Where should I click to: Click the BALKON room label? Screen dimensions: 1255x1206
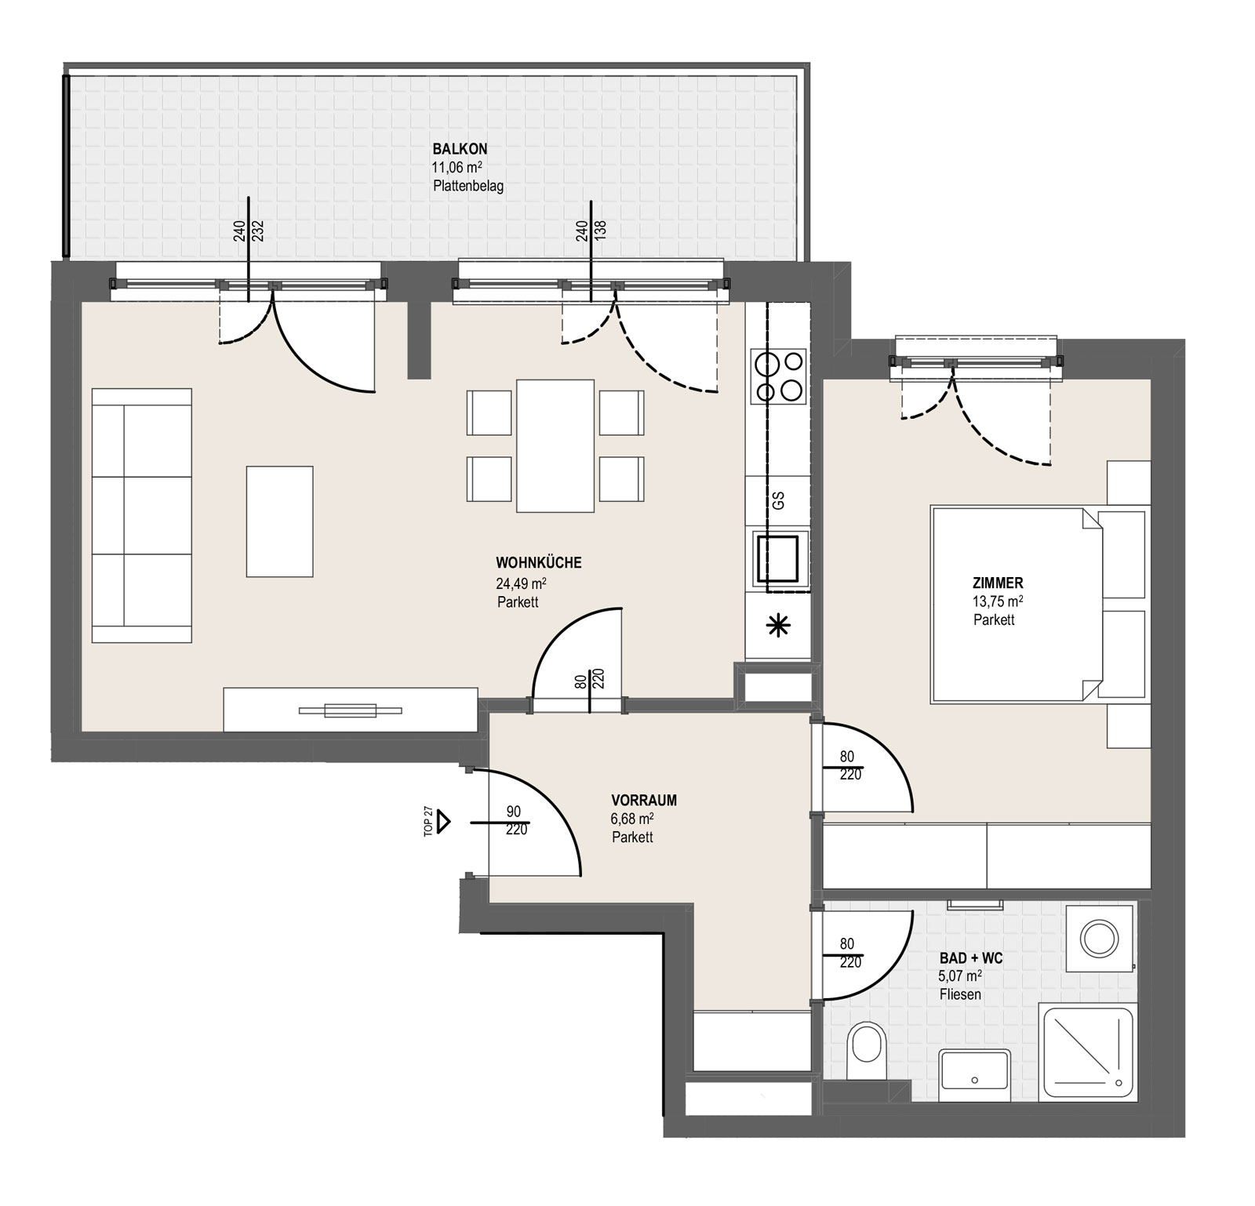[x=460, y=149]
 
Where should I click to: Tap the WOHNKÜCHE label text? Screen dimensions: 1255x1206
[x=539, y=562]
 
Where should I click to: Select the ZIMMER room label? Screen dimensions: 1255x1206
[x=998, y=583]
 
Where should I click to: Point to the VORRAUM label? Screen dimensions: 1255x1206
[x=644, y=801]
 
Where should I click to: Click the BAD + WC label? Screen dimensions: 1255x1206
[x=971, y=958]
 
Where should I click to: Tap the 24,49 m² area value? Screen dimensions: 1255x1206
[x=521, y=583]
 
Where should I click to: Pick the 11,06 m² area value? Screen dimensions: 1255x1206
[x=457, y=167]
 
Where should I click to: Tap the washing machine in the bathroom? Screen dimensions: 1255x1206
[x=1100, y=938]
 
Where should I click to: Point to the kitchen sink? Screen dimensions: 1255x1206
[x=777, y=558]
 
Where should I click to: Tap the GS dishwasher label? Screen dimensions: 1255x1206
[x=778, y=500]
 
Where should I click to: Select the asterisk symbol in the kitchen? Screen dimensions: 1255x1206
[x=778, y=625]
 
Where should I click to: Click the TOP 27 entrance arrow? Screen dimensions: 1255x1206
[x=444, y=822]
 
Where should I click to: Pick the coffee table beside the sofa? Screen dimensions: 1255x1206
[x=279, y=521]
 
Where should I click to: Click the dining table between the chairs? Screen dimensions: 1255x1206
[x=555, y=445]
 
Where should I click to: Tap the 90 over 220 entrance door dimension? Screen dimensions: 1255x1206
[x=515, y=821]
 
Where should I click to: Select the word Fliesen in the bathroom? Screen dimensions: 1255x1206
[x=960, y=995]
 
